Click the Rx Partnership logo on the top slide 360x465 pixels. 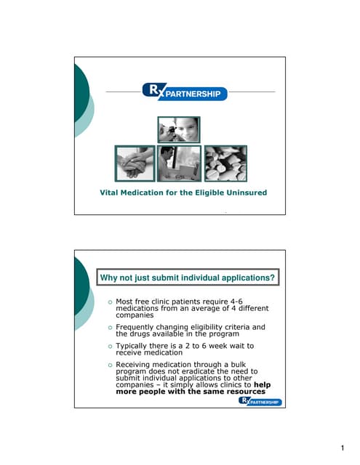185,92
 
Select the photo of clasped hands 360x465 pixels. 135,163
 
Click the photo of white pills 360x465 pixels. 225,163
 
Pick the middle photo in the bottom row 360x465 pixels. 179,163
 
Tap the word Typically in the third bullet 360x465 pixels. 135,347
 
